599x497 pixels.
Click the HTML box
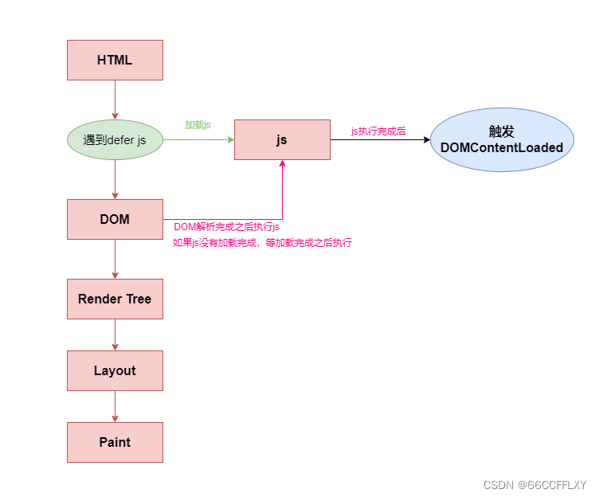(x=115, y=60)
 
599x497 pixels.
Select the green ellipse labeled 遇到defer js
(x=115, y=139)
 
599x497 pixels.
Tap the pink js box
(x=282, y=139)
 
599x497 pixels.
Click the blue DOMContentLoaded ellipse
(x=502, y=139)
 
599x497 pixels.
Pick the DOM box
(x=115, y=219)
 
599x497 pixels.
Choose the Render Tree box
(x=115, y=299)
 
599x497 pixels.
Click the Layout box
(x=115, y=370)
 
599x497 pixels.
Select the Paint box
(x=115, y=442)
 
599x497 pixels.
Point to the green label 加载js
(x=198, y=125)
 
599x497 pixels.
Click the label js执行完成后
(x=378, y=131)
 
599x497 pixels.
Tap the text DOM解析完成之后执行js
(x=226, y=227)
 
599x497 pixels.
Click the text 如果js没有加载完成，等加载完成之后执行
(x=262, y=243)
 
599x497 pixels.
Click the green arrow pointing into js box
(x=198, y=139)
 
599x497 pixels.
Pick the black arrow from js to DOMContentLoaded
(x=380, y=139)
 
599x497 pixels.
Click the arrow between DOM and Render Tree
(x=115, y=259)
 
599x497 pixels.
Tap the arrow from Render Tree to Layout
(x=115, y=335)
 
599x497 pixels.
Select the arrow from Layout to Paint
(x=115, y=406)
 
